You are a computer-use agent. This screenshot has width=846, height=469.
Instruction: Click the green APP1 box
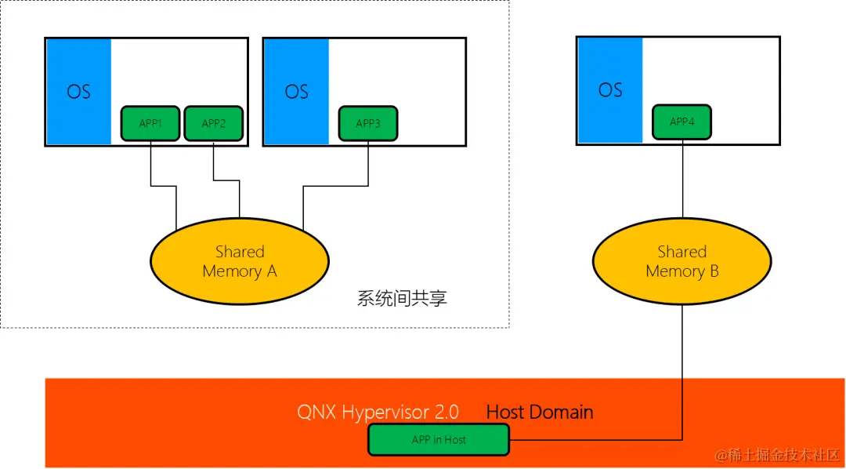tap(150, 124)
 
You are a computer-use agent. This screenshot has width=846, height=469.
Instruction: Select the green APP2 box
tap(213, 124)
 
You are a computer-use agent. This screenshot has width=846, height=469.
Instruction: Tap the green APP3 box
tap(367, 124)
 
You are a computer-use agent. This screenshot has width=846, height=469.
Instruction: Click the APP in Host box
tap(439, 440)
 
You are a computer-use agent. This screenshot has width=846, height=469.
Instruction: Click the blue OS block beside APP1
tap(78, 92)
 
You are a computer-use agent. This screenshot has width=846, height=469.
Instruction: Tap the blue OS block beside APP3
tap(296, 92)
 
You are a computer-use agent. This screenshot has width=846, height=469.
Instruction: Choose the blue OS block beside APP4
tap(609, 90)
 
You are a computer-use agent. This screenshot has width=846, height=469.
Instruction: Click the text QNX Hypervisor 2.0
tap(378, 412)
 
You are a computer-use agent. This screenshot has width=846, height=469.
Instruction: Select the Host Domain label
tap(540, 412)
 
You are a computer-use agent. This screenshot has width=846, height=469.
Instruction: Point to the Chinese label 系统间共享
tap(402, 299)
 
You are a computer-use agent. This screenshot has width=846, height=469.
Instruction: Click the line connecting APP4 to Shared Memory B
tap(681, 180)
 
